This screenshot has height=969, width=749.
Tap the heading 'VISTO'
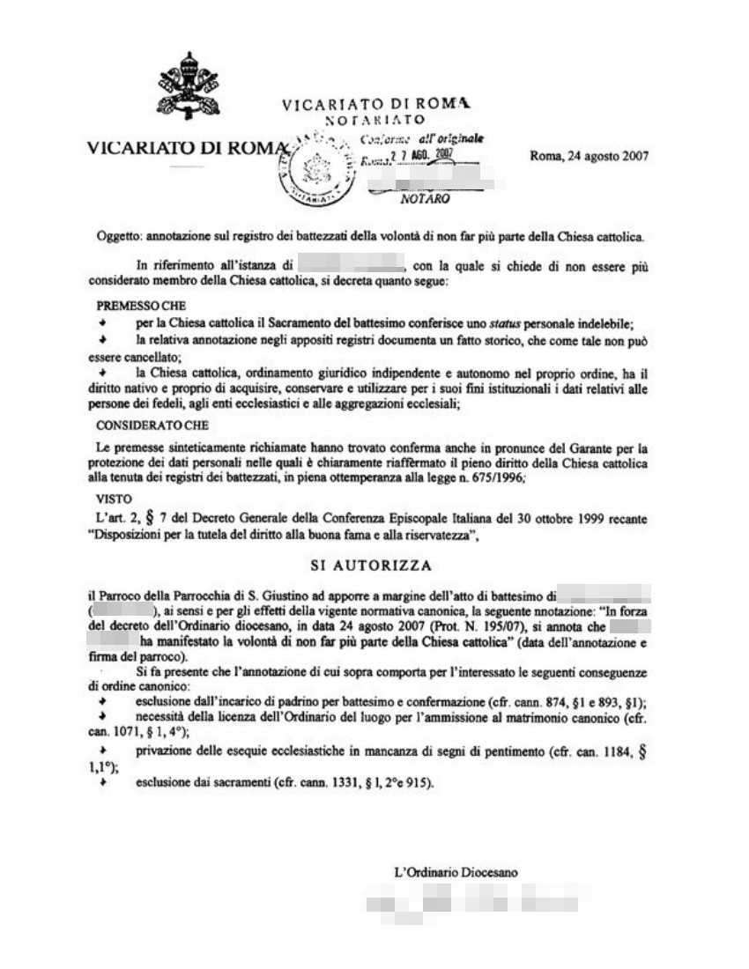(x=113, y=499)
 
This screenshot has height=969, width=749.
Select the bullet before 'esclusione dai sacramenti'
(x=103, y=782)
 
